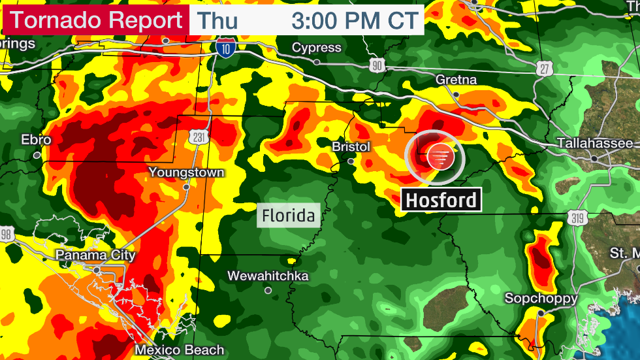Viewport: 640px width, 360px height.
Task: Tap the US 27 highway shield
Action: [x=547, y=67]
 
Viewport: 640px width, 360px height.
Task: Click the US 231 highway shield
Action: [x=199, y=136]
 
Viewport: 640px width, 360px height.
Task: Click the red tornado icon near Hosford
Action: [x=438, y=157]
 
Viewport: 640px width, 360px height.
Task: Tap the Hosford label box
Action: [x=441, y=200]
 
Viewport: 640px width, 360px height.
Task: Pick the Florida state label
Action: [x=289, y=215]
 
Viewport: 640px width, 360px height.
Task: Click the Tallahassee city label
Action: [x=595, y=144]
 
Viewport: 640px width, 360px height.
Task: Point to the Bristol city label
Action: [x=351, y=147]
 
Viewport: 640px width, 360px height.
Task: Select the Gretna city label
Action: [x=456, y=80]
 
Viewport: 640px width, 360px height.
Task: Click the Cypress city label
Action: [x=317, y=48]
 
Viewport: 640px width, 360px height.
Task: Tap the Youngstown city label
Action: [x=186, y=172]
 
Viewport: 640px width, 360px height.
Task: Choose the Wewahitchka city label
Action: [x=268, y=276]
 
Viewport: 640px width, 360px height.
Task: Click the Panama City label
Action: [x=95, y=255]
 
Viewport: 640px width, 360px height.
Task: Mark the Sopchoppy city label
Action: [x=541, y=299]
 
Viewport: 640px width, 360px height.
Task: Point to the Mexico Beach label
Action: [x=180, y=350]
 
